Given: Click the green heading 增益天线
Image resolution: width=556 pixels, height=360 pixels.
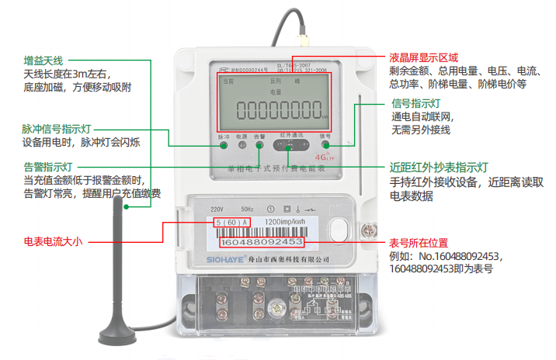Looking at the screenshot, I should click(x=43, y=61).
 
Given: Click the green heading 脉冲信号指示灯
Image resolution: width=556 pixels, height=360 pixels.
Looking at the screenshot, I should click(x=58, y=129).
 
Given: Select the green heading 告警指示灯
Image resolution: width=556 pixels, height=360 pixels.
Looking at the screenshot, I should click(x=48, y=167).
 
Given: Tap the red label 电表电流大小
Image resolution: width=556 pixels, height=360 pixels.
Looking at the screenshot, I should click(x=54, y=241).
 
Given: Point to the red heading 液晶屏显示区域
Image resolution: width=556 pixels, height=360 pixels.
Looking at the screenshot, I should click(x=424, y=58).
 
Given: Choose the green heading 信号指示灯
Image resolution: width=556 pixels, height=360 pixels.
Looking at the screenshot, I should click(x=416, y=103).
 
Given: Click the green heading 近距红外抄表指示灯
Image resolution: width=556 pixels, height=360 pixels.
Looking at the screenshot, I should click(x=439, y=167).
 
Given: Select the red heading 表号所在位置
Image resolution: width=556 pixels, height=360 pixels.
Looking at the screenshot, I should click(x=419, y=242).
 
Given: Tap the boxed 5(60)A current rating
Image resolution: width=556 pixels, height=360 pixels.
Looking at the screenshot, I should click(x=231, y=223).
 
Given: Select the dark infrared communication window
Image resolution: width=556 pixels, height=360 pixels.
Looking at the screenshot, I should click(x=291, y=144).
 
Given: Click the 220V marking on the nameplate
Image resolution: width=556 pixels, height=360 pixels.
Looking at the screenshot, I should click(x=217, y=209).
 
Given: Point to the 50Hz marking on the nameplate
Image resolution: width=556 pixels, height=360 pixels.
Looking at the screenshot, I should click(x=246, y=209).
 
